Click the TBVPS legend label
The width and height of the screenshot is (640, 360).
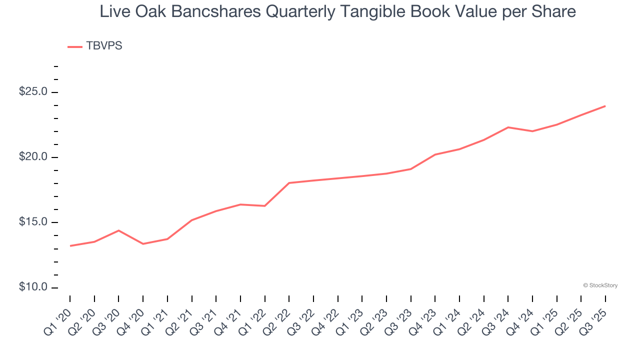coord(104,46)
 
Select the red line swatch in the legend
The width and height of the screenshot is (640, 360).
coord(75,46)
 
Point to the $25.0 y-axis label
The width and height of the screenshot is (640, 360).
coord(33,92)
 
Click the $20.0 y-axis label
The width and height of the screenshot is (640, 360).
coord(33,157)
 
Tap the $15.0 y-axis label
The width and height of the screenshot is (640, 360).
coord(33,222)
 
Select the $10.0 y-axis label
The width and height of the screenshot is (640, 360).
coord(33,287)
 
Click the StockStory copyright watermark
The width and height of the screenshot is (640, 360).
coord(600,285)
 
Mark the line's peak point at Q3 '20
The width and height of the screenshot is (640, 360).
coord(118,230)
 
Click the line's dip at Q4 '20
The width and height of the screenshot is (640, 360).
coord(143,244)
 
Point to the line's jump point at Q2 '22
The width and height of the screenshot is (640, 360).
coord(289,183)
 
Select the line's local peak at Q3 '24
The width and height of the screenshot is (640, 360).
coord(508,127)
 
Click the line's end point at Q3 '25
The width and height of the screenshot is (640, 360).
coord(605,106)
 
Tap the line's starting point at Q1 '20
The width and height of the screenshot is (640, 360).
coord(70,246)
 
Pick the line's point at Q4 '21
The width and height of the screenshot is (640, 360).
coord(240,204)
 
